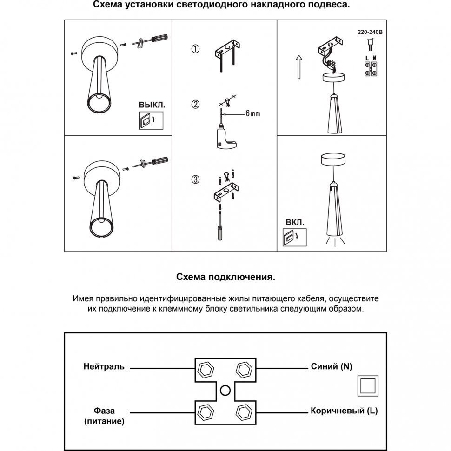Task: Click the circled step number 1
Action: pos(196,49)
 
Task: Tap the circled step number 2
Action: pos(196,105)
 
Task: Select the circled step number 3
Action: pos(196,179)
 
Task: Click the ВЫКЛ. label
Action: pos(152,105)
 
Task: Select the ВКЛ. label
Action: pos(295,223)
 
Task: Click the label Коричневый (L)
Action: pos(344,411)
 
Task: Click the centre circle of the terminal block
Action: pos(225,391)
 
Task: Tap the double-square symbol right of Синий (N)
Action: pos(367,386)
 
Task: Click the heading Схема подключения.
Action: pos(225,277)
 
